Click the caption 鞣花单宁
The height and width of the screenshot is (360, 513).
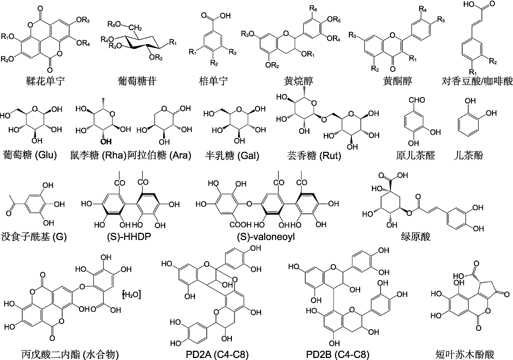tap(45, 81)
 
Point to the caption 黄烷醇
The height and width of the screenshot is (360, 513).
tap(299, 81)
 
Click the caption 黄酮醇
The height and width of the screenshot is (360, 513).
tap(398, 81)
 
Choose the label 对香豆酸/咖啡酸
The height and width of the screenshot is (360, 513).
tap(477, 81)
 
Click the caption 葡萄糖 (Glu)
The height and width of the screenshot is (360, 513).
tap(30, 155)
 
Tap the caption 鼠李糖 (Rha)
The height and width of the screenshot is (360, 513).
tap(98, 155)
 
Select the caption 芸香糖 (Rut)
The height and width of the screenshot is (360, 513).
tap(314, 155)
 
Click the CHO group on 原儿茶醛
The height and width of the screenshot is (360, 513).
tap(416, 99)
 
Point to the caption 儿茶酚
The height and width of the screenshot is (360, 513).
tap(468, 155)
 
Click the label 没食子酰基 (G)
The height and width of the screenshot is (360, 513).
tap(34, 236)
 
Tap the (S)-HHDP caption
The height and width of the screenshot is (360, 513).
tap(129, 236)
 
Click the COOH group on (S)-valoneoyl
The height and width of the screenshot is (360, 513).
tap(241, 225)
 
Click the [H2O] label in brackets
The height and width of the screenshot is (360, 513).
tap(131, 295)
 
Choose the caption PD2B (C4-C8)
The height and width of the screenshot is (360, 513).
tap(338, 354)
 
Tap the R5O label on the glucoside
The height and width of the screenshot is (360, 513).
tap(115, 24)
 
